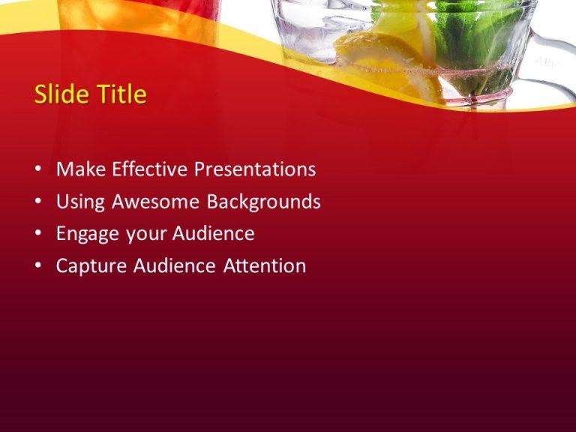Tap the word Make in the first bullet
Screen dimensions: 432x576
81,169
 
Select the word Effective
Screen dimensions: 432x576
150,169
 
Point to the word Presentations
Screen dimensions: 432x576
255,169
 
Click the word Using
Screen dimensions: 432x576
81,202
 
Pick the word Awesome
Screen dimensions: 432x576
156,202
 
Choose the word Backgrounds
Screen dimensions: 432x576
264,202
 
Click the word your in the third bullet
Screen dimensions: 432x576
145,235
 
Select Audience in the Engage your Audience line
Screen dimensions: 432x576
214,234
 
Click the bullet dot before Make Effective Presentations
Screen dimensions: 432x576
38,170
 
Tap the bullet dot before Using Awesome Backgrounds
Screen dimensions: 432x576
38,202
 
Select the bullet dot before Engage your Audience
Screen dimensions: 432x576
38,235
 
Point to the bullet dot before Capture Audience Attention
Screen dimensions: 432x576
38,267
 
